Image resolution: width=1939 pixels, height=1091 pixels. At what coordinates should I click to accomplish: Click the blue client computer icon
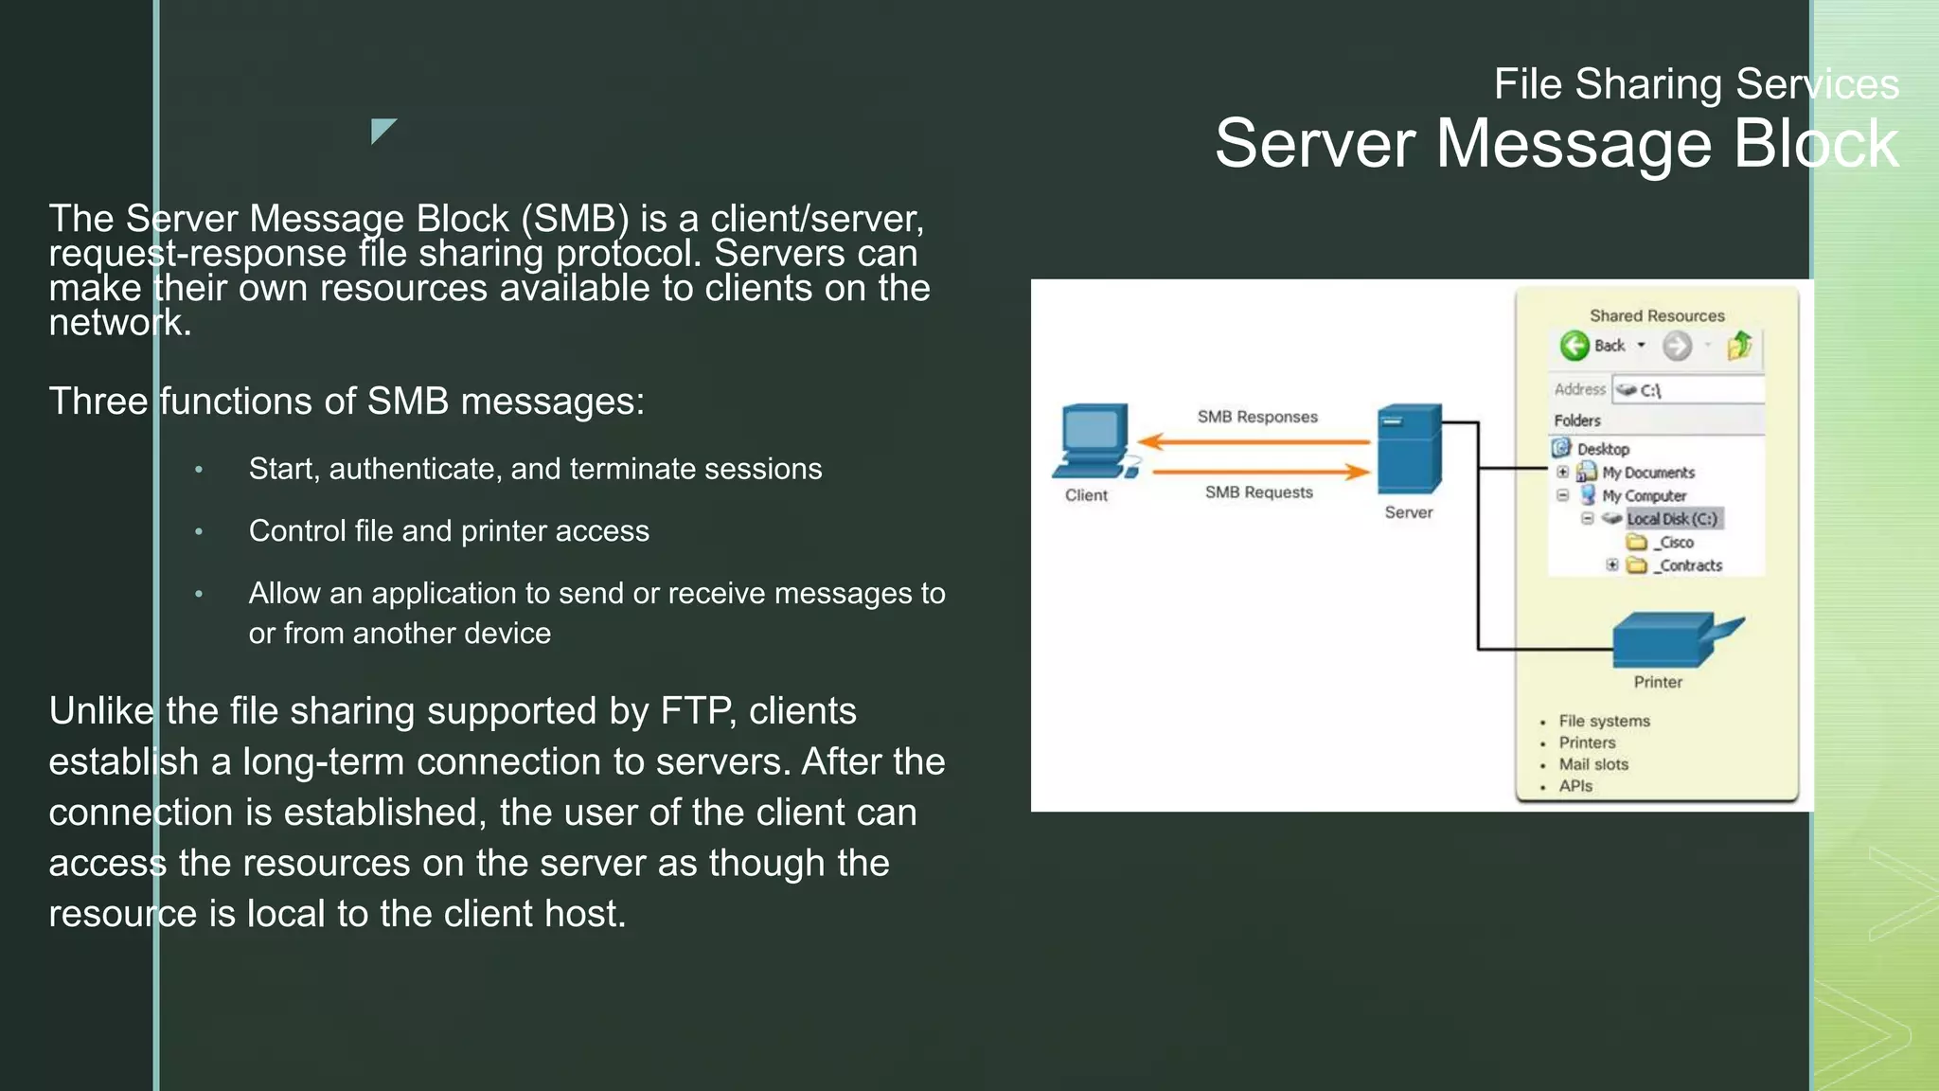click(x=1094, y=441)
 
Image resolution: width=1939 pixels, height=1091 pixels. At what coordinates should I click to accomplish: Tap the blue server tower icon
click(x=1409, y=448)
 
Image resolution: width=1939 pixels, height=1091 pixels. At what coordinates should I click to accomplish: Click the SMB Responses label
click(x=1256, y=417)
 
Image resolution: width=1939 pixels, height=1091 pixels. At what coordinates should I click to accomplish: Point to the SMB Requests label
click(x=1258, y=492)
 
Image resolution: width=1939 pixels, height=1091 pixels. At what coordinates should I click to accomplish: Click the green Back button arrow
click(x=1574, y=346)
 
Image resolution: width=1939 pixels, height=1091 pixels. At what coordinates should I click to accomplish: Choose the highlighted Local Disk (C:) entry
click(x=1671, y=519)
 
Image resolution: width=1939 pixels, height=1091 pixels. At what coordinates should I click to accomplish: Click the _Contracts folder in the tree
click(x=1689, y=565)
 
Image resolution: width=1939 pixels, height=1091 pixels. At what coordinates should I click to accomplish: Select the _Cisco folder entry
click(x=1675, y=543)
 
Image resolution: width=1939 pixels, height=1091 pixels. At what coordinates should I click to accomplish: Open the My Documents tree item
click(x=1647, y=473)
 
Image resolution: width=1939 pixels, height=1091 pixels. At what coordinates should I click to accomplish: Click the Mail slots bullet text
click(x=1593, y=764)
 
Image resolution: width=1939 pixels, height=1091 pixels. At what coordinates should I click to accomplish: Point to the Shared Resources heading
click(x=1656, y=315)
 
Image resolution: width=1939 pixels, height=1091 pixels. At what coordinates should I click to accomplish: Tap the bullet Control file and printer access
click(x=449, y=531)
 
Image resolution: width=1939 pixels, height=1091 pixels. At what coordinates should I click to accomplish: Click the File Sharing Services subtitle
click(x=1696, y=84)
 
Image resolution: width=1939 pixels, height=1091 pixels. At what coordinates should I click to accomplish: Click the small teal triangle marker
click(x=382, y=129)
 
